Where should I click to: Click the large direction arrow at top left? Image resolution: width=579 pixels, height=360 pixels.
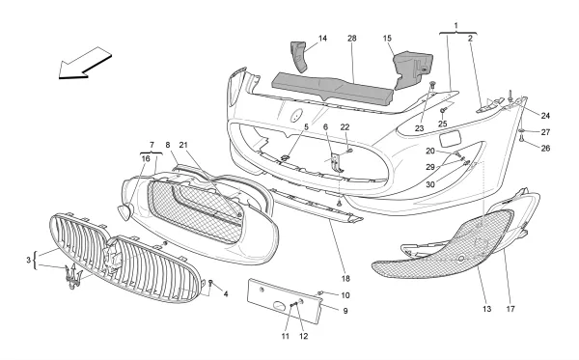[85, 63]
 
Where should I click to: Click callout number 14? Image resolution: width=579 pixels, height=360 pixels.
[322, 38]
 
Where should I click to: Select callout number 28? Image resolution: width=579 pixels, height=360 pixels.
[352, 38]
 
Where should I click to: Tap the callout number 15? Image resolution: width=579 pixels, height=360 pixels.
[387, 38]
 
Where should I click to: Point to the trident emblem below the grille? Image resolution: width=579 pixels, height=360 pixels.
[72, 277]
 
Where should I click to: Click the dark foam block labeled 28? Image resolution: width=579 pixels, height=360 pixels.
[332, 88]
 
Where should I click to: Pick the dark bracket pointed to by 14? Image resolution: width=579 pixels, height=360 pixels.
[299, 56]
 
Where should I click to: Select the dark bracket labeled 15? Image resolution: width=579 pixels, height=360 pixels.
[412, 70]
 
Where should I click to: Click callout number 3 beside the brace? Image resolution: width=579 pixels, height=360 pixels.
[28, 260]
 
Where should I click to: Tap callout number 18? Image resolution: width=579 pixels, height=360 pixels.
[345, 278]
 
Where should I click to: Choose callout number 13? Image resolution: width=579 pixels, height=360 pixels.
[486, 309]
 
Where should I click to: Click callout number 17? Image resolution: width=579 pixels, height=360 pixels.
[510, 309]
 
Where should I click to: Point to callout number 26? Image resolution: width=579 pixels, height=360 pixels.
[545, 148]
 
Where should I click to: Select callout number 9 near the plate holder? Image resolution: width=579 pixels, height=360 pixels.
[345, 311]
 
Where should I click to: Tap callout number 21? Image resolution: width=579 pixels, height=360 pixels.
[183, 145]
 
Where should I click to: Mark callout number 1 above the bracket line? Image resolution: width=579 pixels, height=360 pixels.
[456, 25]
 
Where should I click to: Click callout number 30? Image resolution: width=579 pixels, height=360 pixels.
[430, 184]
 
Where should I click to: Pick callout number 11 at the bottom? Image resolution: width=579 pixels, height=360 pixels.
[286, 336]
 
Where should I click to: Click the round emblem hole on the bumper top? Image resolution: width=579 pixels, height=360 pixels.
[296, 115]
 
